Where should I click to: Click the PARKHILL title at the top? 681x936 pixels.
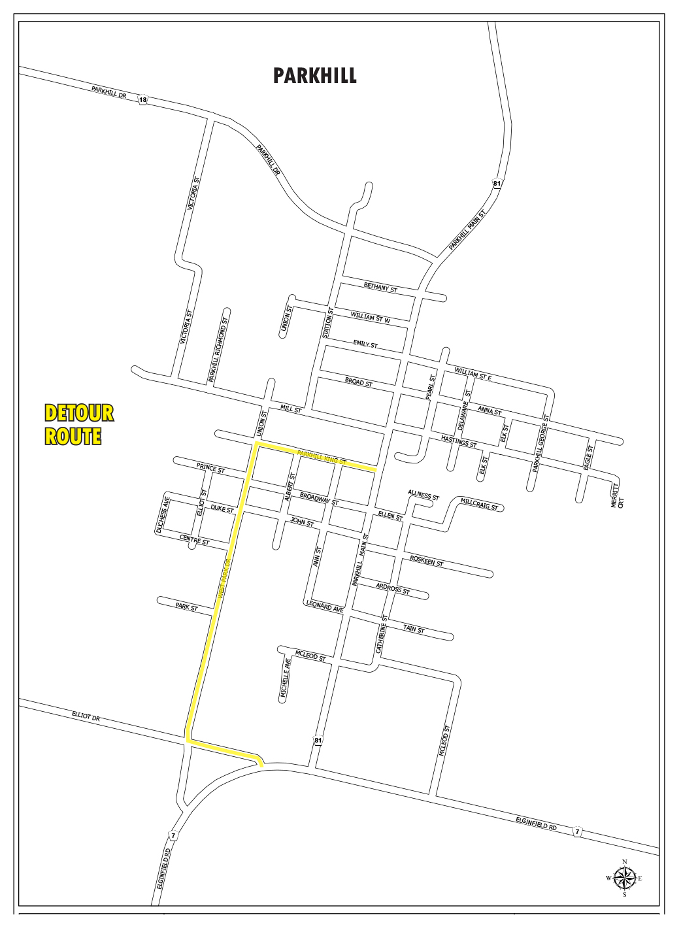coord(315,76)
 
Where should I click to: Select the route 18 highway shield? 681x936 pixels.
coord(143,100)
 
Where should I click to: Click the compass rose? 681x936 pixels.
coord(625,878)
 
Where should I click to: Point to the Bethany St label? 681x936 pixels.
coord(380,288)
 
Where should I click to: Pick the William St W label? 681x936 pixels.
coord(371,318)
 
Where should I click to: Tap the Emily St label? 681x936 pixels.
coord(365,343)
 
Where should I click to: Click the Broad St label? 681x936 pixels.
coord(359,382)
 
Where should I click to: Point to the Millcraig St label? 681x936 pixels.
coord(479,504)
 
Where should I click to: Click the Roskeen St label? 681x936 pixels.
coord(427,561)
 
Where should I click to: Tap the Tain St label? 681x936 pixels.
coord(414,629)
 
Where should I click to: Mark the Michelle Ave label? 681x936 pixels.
coord(286,680)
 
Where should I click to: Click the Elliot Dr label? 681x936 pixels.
coord(86,716)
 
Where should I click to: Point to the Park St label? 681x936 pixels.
coord(186,607)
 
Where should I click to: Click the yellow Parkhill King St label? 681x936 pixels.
coord(321,456)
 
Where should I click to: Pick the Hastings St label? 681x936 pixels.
coord(459,442)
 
